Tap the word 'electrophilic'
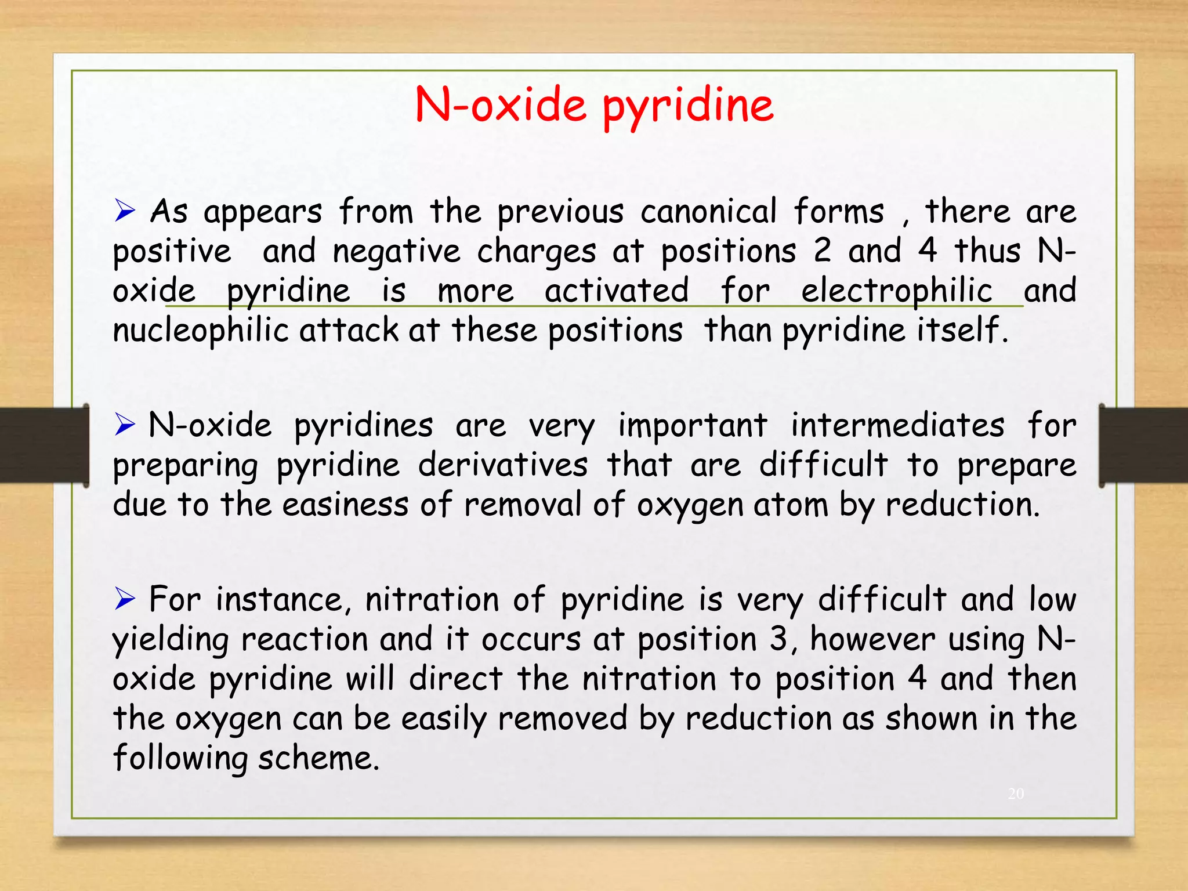(x=896, y=291)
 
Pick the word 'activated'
(x=617, y=290)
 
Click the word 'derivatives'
(x=502, y=465)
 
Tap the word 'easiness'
(x=345, y=504)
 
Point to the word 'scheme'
(x=318, y=758)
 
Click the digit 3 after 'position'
(x=778, y=639)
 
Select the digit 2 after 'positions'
(x=822, y=251)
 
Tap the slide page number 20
(x=1016, y=794)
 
